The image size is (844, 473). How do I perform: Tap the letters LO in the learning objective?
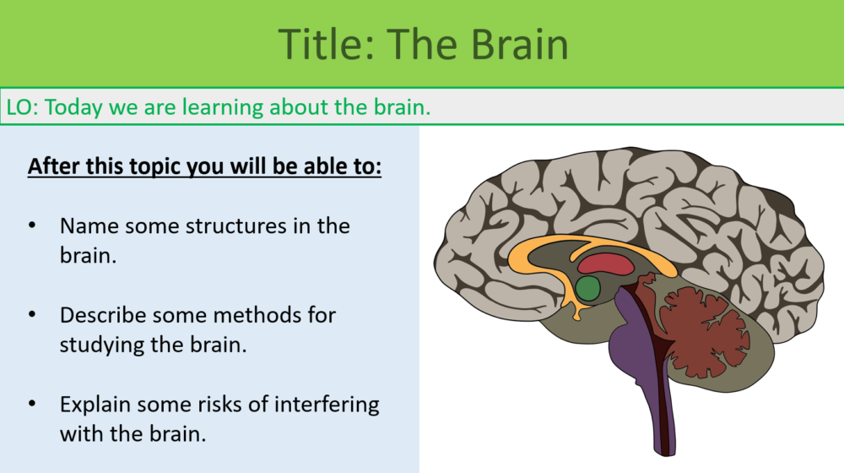point(19,107)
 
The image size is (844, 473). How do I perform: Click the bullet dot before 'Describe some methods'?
point(32,315)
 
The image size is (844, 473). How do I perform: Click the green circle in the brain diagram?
point(587,289)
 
